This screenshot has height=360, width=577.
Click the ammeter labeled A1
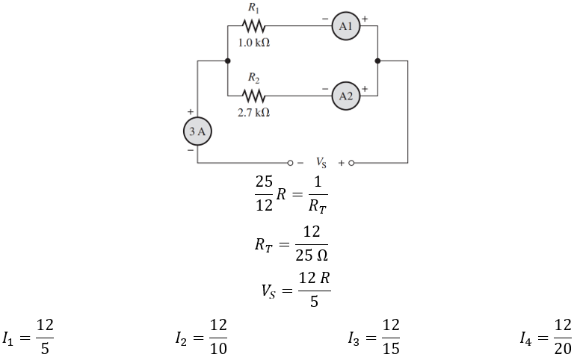(x=345, y=26)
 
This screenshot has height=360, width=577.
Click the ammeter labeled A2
(x=345, y=96)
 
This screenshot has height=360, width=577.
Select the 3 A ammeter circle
(x=197, y=132)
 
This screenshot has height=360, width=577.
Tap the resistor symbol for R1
(x=254, y=26)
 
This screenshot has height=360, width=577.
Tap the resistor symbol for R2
(x=254, y=96)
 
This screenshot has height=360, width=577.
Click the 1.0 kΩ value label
(x=254, y=43)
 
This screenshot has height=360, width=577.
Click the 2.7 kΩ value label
(x=254, y=113)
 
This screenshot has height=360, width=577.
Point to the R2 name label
(x=254, y=78)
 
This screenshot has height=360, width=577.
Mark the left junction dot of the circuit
(x=226, y=61)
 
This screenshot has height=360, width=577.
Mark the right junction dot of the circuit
(x=378, y=61)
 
